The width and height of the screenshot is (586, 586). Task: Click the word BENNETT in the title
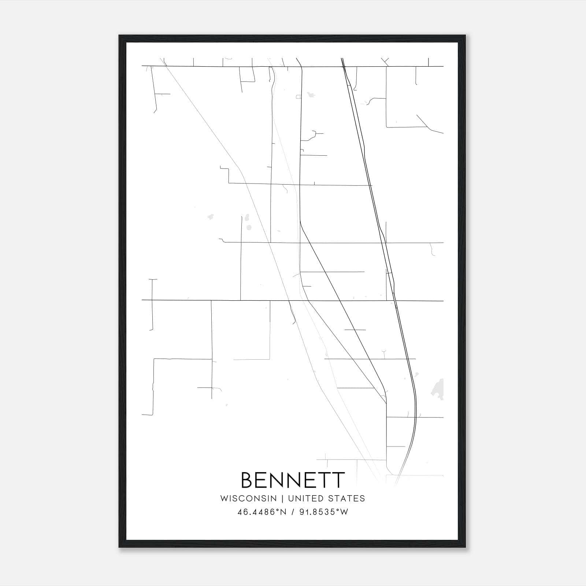[293, 480]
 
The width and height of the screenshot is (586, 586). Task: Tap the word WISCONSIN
[248, 498]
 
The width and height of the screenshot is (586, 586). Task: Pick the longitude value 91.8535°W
[324, 512]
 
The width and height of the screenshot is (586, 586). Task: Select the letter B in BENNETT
[248, 480]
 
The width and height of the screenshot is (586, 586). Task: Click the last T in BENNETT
[338, 480]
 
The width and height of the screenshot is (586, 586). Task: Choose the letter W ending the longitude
[344, 512]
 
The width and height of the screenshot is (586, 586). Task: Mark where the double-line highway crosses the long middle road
[395, 301]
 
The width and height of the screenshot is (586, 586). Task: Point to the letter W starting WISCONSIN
[223, 498]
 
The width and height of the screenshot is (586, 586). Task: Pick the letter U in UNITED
[291, 498]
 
